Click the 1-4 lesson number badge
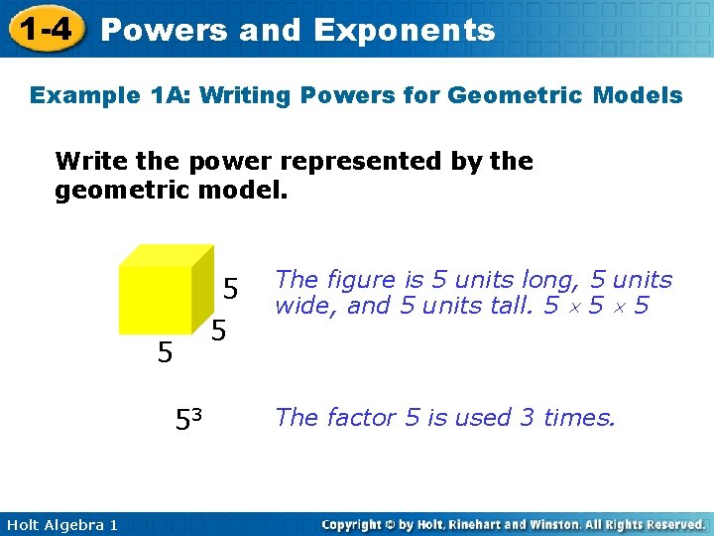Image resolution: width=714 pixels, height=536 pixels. pyautogui.click(x=43, y=29)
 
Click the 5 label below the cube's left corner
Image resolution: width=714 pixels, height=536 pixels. pyautogui.click(x=166, y=351)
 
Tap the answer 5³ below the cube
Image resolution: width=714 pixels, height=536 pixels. pyautogui.click(x=188, y=420)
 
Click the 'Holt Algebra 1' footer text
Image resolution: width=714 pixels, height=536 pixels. pyautogui.click(x=59, y=524)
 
